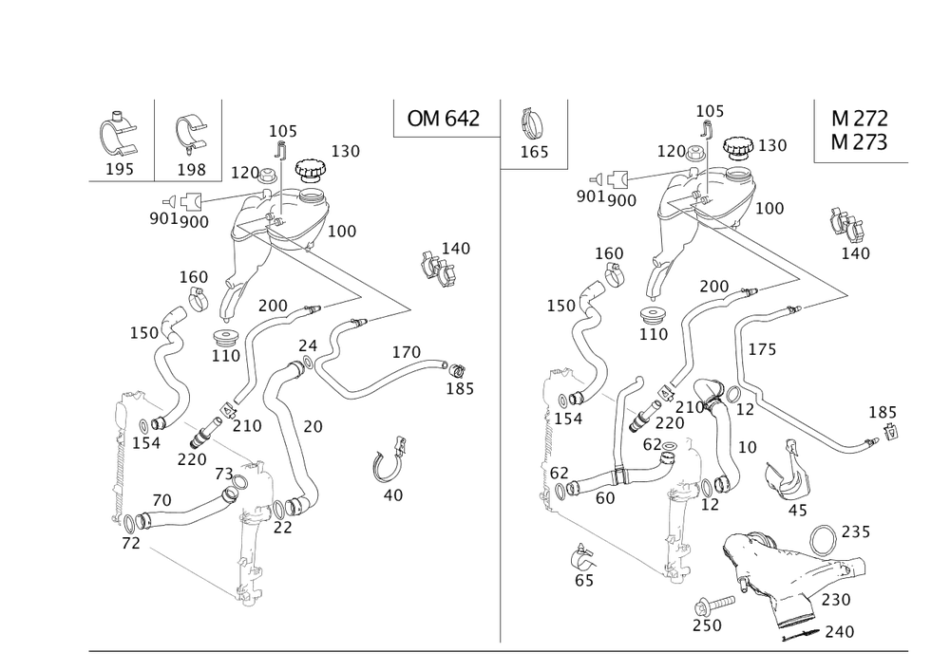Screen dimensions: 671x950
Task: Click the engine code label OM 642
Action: (x=443, y=119)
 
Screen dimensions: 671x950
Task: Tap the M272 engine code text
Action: (x=860, y=120)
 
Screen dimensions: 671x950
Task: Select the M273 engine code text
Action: (x=860, y=142)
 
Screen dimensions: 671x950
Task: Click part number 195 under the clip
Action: (x=120, y=168)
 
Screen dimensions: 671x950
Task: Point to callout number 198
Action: (x=192, y=168)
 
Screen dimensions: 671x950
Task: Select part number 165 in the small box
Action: (x=532, y=151)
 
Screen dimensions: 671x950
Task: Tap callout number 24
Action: (x=308, y=345)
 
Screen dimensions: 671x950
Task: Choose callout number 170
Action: (x=406, y=353)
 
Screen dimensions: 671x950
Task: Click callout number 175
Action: (x=761, y=349)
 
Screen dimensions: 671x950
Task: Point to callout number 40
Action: (x=391, y=494)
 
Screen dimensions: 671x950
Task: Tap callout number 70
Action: (x=162, y=499)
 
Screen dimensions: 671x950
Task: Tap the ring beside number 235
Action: (x=822, y=538)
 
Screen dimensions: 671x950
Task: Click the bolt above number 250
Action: (x=707, y=602)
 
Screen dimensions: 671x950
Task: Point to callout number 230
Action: (x=837, y=600)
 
